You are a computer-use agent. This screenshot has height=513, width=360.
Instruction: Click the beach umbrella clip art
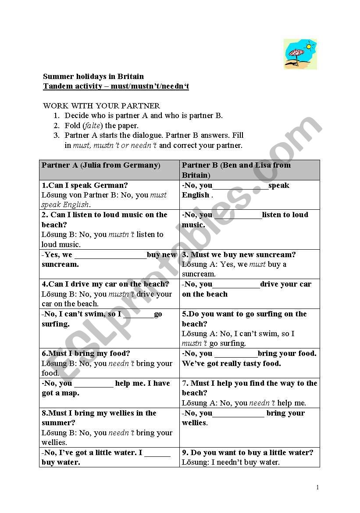[x=300, y=54]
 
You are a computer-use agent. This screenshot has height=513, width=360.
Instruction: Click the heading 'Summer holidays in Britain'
[x=93, y=76]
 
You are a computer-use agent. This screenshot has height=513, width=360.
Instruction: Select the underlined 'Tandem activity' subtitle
[x=116, y=86]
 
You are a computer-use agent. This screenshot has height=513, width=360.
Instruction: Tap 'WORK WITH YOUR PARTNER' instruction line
[x=101, y=106]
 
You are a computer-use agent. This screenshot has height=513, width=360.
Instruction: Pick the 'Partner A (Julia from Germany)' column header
[x=101, y=165]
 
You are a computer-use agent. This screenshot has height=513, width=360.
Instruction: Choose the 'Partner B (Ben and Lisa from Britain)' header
[x=236, y=170]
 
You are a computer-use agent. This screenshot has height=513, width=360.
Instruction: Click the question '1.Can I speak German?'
[x=85, y=185]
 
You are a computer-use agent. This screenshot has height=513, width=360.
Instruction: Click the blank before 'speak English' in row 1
[x=240, y=186]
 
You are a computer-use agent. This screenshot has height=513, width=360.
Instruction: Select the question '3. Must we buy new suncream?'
[x=239, y=255]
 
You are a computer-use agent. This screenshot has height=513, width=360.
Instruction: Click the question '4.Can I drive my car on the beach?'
[x=105, y=284]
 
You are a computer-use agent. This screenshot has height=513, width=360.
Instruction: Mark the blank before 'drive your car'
[x=236, y=285]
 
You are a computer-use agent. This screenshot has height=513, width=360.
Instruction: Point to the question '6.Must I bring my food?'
[x=86, y=353]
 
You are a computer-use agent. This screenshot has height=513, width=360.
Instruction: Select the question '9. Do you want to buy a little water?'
[x=248, y=452]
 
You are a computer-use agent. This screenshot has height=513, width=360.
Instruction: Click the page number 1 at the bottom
[x=317, y=487]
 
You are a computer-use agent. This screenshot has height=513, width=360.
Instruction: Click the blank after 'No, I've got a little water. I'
[x=157, y=453]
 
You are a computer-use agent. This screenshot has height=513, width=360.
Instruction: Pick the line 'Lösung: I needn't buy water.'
[x=231, y=462]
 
